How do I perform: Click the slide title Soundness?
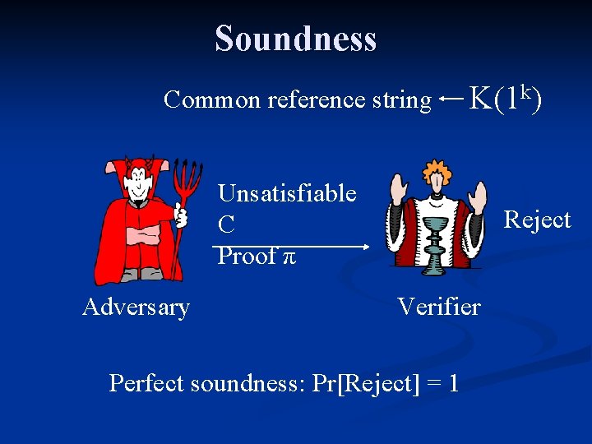pos(295,39)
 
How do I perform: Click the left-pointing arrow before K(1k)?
pos(450,98)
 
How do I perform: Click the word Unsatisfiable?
pos(286,194)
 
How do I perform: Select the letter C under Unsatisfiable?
pos(226,224)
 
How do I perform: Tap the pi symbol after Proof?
pos(288,257)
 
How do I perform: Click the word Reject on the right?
pos(536,220)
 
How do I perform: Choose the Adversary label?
pos(136,308)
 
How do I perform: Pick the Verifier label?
pos(438,308)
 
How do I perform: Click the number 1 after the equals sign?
pos(453,383)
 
